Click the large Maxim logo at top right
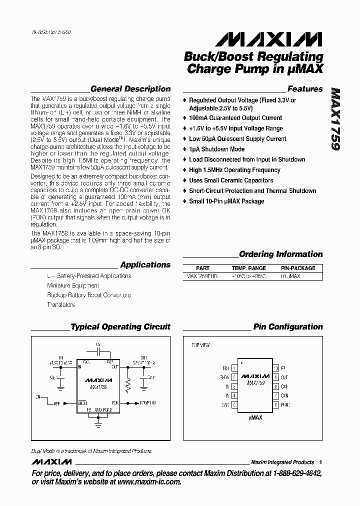click(271, 39)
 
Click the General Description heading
click(130, 89)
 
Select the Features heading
click(305, 89)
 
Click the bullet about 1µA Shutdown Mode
click(216, 149)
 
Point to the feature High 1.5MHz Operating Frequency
click(234, 170)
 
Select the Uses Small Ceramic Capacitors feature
click(230, 180)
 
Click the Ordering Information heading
click(280, 254)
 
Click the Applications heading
click(145, 265)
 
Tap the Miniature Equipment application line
click(73, 285)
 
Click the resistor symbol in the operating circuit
click(128, 385)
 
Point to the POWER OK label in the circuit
click(148, 402)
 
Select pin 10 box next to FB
click(275, 368)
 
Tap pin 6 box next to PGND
click(275, 404)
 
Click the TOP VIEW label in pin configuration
click(201, 345)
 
